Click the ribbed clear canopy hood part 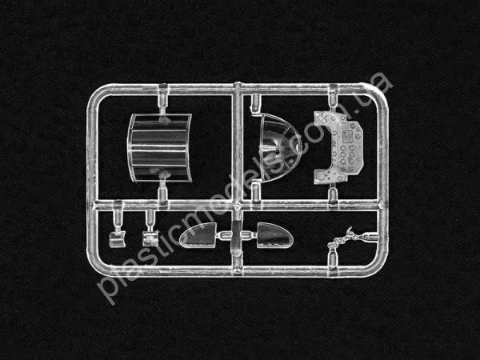click(x=159, y=148)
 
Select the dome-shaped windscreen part click(x=278, y=148)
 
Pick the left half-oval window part click(x=198, y=235)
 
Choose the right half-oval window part click(x=274, y=235)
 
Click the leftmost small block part click(x=118, y=239)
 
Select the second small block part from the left click(x=150, y=238)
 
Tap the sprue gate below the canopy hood click(x=162, y=191)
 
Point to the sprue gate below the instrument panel click(x=333, y=194)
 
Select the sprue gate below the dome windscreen click(x=256, y=192)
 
